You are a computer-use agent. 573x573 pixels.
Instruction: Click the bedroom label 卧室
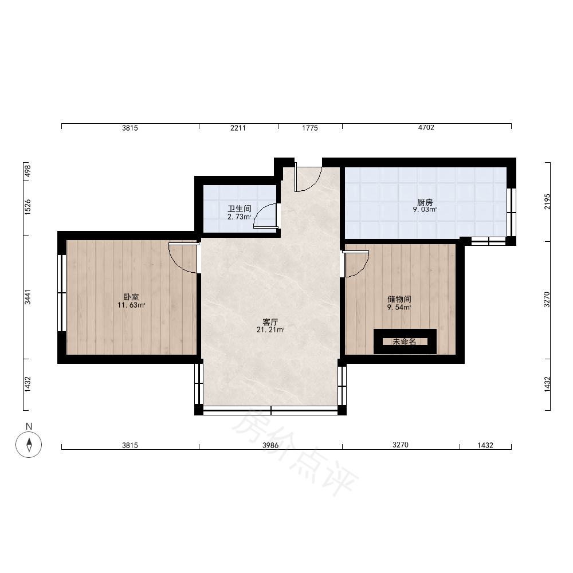(x=131, y=297)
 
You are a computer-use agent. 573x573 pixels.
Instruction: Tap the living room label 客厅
(x=270, y=322)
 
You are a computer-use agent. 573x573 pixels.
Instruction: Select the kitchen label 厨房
(x=425, y=202)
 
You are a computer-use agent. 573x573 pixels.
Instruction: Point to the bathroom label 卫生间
(x=240, y=209)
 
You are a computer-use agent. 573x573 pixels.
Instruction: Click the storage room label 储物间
(x=399, y=299)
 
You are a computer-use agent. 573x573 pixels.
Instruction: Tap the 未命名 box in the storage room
(x=405, y=342)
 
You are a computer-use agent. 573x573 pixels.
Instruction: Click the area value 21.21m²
(x=270, y=329)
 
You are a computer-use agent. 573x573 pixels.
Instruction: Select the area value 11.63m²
(x=131, y=305)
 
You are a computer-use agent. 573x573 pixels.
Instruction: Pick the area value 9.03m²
(x=425, y=210)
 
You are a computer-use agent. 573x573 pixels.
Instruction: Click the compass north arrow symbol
(x=29, y=445)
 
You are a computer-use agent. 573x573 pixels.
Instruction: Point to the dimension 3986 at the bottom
(x=270, y=445)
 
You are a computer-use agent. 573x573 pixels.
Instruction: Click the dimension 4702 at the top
(x=426, y=128)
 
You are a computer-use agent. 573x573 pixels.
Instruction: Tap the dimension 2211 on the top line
(x=238, y=128)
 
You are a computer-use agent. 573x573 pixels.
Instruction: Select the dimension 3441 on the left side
(x=28, y=297)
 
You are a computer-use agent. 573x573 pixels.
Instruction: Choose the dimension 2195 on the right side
(x=547, y=201)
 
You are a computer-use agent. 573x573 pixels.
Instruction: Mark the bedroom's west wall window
(x=62, y=293)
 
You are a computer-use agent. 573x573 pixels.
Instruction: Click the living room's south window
(x=270, y=410)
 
